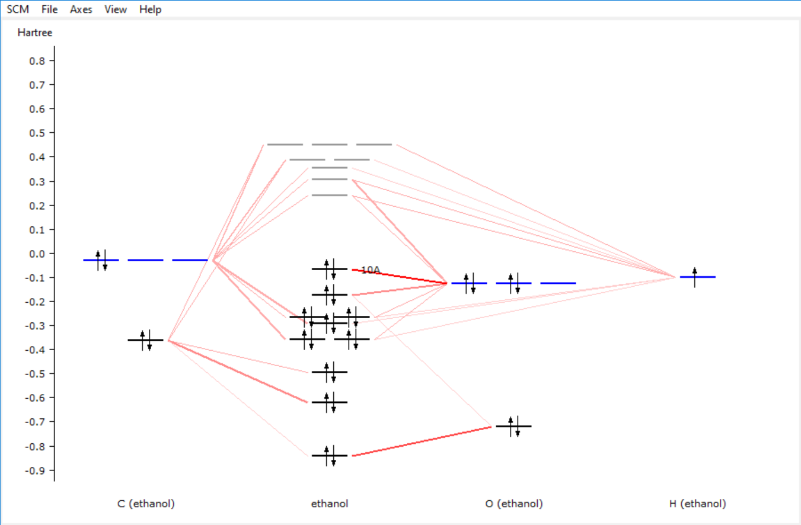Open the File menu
(x=50, y=9)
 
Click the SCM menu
(x=18, y=9)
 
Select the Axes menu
(x=81, y=9)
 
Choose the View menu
(x=115, y=9)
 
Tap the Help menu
(x=150, y=9)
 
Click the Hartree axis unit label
(x=35, y=33)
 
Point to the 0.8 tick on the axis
(x=40, y=60)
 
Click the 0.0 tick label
(x=40, y=254)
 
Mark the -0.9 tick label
(x=39, y=470)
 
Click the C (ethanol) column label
(x=146, y=504)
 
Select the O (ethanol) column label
(x=513, y=504)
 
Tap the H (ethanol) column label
(x=697, y=504)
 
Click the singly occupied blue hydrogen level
(x=697, y=277)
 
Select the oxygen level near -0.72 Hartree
(x=513, y=426)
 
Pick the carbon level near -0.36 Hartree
(x=146, y=340)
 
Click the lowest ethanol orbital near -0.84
(x=330, y=455)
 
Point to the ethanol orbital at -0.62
(x=330, y=402)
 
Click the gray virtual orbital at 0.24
(x=330, y=195)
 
